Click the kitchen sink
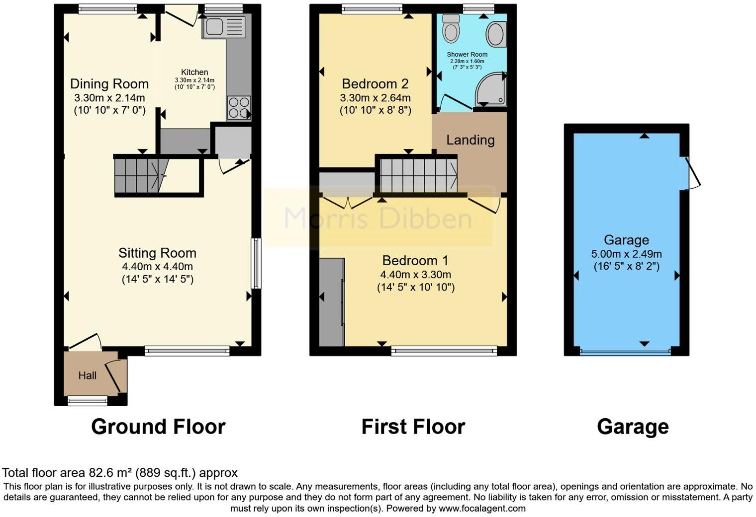224,26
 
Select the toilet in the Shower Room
451,29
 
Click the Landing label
470,140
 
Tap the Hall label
87,375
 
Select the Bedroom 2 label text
375,83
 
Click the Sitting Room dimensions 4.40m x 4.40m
157,267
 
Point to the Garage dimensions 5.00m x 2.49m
626,254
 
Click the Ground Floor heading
158,427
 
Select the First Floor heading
413,427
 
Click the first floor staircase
418,174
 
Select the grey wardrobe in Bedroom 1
331,301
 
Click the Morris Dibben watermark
378,218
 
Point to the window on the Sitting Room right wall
256,263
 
